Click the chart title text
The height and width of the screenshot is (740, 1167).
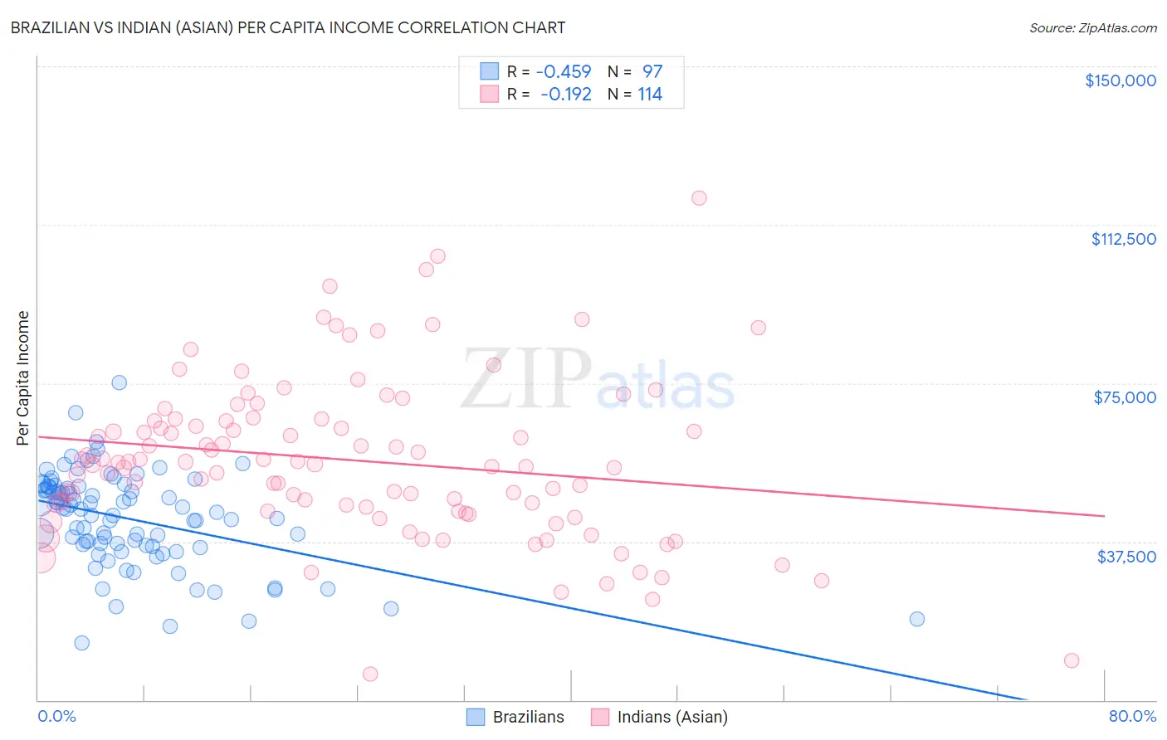pyautogui.click(x=288, y=27)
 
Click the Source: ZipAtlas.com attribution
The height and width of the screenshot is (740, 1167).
pyautogui.click(x=1092, y=27)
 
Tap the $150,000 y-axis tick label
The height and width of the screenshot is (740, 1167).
pyautogui.click(x=1120, y=80)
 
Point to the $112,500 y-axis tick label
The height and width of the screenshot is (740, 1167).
pyautogui.click(x=1123, y=239)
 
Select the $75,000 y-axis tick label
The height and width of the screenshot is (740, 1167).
pyautogui.click(x=1125, y=397)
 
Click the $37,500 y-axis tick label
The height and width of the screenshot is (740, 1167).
pyautogui.click(x=1126, y=557)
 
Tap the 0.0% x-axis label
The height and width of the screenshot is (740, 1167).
pyautogui.click(x=56, y=716)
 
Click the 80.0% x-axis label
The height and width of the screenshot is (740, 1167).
pyautogui.click(x=1132, y=716)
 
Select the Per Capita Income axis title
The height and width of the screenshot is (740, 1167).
pyautogui.click(x=23, y=377)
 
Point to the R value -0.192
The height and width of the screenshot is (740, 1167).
pyautogui.click(x=565, y=95)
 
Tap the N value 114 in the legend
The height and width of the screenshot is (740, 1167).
pyautogui.click(x=649, y=95)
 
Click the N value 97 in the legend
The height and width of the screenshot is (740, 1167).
pyautogui.click(x=652, y=72)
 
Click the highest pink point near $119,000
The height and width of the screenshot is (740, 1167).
pyautogui.click(x=699, y=197)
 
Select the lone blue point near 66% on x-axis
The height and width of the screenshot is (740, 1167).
pyautogui.click(x=916, y=619)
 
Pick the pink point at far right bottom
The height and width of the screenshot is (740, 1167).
pyautogui.click(x=1072, y=660)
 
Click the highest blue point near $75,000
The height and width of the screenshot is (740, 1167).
pyautogui.click(x=120, y=382)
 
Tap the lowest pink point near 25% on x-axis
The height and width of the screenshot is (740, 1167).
pyautogui.click(x=370, y=674)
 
